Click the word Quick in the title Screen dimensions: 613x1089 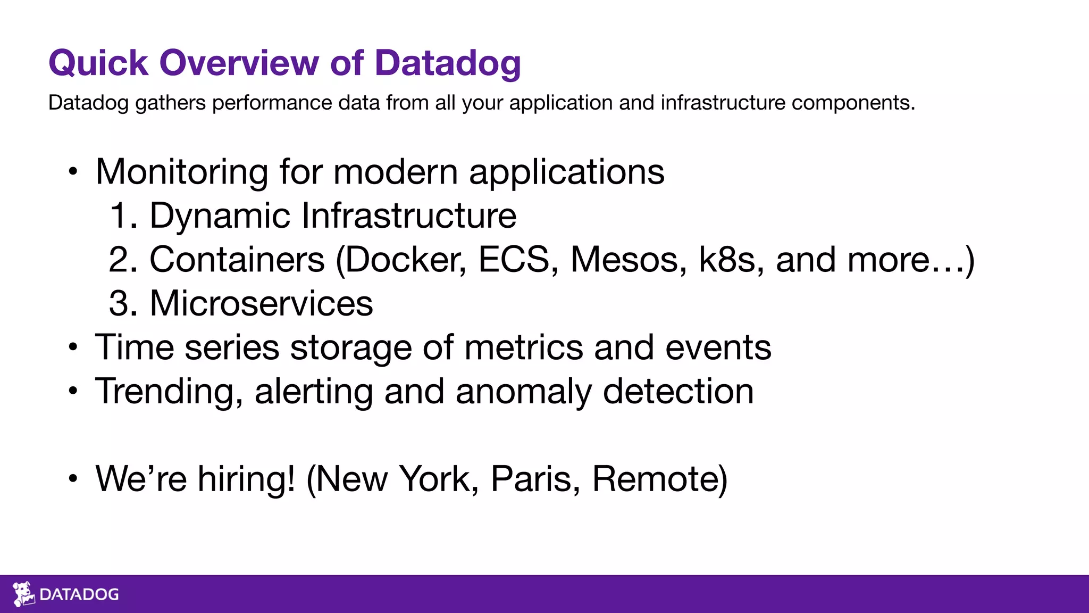[98, 63]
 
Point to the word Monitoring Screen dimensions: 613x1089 [181, 172]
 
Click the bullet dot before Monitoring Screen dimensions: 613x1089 [73, 172]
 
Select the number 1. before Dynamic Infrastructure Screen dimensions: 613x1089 [123, 216]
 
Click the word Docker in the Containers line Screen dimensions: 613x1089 [403, 260]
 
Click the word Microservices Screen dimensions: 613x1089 [261, 304]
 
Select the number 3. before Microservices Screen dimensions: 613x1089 [123, 304]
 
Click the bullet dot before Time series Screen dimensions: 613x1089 [73, 348]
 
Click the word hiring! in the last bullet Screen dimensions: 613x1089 [246, 479]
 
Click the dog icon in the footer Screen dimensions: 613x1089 [23, 594]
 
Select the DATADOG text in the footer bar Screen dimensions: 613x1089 [79, 594]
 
